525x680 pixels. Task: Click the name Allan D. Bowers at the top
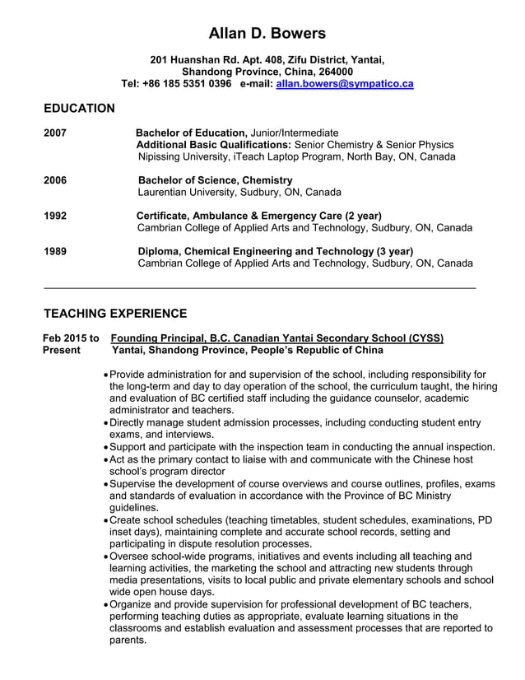pyautogui.click(x=267, y=34)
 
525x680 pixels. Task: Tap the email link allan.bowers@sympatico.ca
pyautogui.click(x=344, y=84)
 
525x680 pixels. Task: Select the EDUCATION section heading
pyautogui.click(x=79, y=109)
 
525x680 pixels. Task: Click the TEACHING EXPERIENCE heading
pyautogui.click(x=114, y=314)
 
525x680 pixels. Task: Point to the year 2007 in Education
pyautogui.click(x=55, y=133)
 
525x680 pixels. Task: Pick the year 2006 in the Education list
pyautogui.click(x=55, y=180)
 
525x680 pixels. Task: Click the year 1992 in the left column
pyautogui.click(x=55, y=216)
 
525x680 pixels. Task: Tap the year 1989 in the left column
pyautogui.click(x=55, y=251)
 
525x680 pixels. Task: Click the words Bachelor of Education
pyautogui.click(x=191, y=133)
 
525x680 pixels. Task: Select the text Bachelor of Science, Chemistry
pyautogui.click(x=215, y=180)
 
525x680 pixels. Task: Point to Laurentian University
pyautogui.click(x=187, y=193)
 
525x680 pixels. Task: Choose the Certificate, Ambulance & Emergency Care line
pyautogui.click(x=258, y=216)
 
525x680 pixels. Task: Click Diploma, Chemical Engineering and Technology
pyautogui.click(x=275, y=251)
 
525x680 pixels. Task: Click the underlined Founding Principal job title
pyautogui.click(x=276, y=338)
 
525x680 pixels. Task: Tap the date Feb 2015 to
pyautogui.click(x=72, y=338)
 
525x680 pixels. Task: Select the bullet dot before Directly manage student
pyautogui.click(x=105, y=423)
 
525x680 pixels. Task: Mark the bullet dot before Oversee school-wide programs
pyautogui.click(x=105, y=557)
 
